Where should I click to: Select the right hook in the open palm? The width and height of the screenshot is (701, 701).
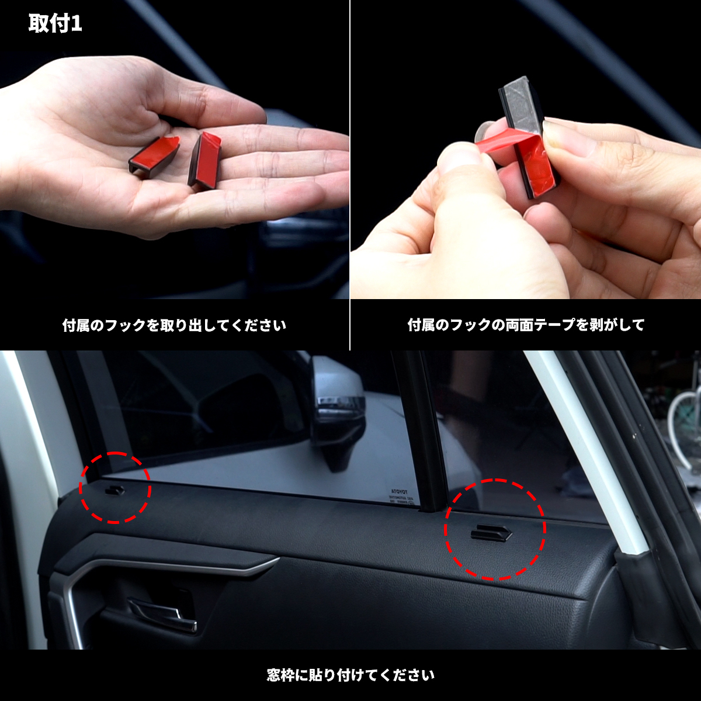pyautogui.click(x=205, y=159)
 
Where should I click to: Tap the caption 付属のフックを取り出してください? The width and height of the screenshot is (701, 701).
pyautogui.click(x=174, y=325)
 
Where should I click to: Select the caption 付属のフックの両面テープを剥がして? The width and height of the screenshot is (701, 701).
pyautogui.click(x=526, y=325)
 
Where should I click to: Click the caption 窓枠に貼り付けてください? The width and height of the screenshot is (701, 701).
pyautogui.click(x=350, y=676)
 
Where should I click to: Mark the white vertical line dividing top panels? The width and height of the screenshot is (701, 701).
pyautogui.click(x=350, y=175)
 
